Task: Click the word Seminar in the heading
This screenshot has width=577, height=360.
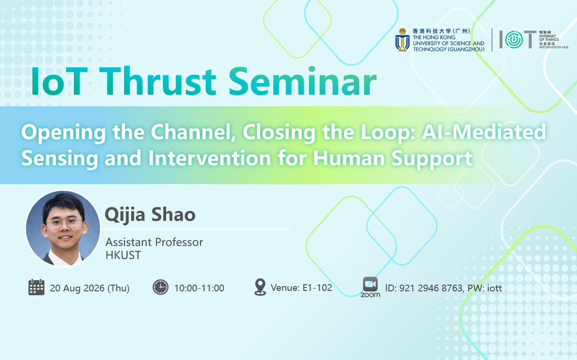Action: tap(302, 81)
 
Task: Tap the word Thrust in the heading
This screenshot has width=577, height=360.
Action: tap(157, 81)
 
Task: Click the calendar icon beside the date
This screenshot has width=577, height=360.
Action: tap(36, 287)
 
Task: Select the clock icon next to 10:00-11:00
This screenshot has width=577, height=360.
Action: tap(160, 287)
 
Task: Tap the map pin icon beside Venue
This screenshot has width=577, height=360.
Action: tap(260, 287)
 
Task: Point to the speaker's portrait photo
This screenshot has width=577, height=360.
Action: tap(63, 229)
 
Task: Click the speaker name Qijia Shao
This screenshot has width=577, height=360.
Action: tap(150, 215)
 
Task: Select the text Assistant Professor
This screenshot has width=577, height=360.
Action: tap(154, 242)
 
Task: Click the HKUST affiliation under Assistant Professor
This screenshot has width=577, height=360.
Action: tap(123, 255)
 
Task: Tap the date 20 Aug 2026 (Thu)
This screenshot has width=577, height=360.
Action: tap(90, 288)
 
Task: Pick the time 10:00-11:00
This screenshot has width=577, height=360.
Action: tap(199, 288)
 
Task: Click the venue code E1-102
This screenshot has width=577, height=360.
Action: tap(317, 288)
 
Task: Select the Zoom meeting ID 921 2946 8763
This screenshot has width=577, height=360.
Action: tap(431, 288)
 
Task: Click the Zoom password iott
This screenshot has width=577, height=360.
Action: tap(494, 288)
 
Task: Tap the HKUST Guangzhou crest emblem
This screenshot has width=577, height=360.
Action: tap(402, 40)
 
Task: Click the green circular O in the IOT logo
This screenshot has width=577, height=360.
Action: tap(514, 40)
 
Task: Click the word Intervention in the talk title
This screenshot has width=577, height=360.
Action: tap(210, 158)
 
